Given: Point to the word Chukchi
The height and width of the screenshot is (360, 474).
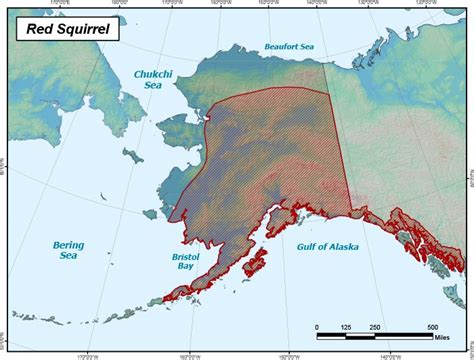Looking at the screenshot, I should click(153, 74).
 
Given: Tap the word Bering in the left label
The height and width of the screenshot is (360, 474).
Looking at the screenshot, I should click(69, 245).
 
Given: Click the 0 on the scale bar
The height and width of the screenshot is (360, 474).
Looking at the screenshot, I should click(317, 327).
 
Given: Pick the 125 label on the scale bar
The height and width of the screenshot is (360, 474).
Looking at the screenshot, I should click(346, 327).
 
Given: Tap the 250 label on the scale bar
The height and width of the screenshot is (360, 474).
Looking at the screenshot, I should click(375, 327).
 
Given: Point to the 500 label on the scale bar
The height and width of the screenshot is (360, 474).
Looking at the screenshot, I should click(432, 327).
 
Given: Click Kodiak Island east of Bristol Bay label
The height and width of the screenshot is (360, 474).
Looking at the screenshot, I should click(257, 265).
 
